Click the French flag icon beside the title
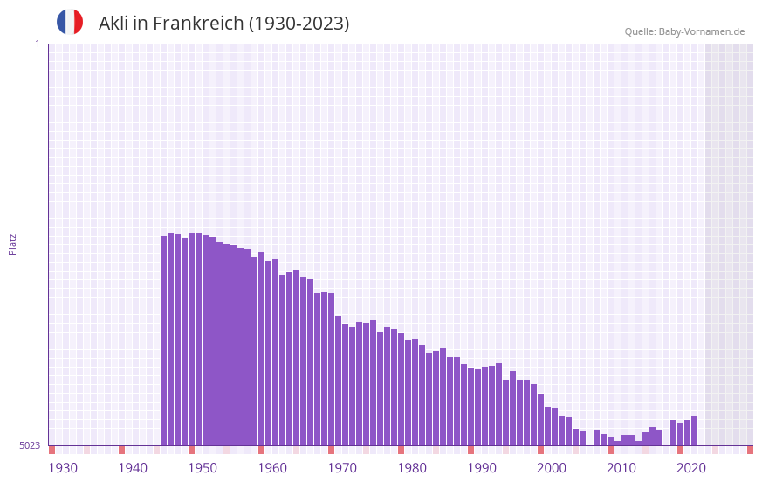point(70,22)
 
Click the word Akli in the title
point(113,24)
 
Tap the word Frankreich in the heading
point(198,24)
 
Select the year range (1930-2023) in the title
point(299,24)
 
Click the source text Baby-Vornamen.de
point(701,31)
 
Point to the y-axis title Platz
point(12,244)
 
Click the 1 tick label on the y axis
point(37,44)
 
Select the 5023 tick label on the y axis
point(30,445)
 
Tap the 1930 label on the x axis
point(63,468)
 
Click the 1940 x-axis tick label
point(133,468)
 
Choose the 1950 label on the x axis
point(203,468)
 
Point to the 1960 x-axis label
point(272,468)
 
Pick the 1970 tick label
point(342,468)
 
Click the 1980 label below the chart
point(412,468)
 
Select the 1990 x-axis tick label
point(482,468)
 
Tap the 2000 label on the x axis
point(552,468)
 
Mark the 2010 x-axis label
point(621,468)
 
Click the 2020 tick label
point(691,468)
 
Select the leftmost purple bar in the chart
point(164,341)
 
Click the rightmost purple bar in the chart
point(694,430)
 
